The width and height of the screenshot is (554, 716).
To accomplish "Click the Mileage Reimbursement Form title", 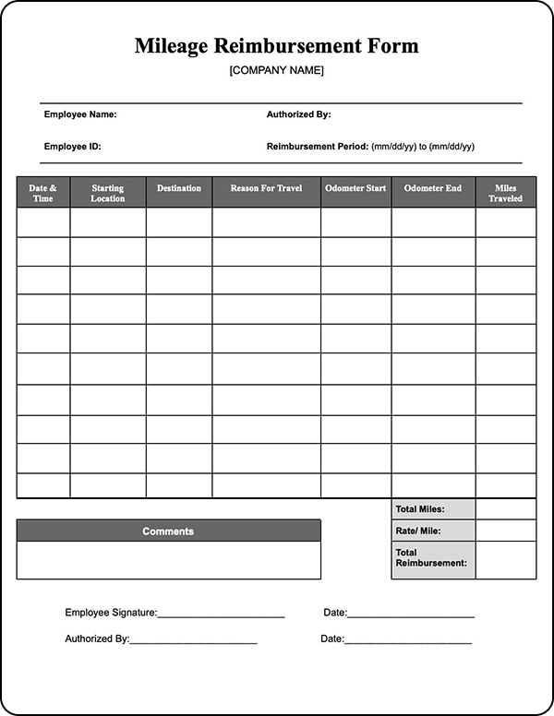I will [x=276, y=45].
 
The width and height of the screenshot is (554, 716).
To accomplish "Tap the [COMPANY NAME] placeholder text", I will [x=276, y=70].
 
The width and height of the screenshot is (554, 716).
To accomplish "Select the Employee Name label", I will [x=80, y=115].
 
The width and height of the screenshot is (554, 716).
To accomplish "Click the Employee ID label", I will [x=72, y=147].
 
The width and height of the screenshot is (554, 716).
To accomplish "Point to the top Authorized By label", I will [x=298, y=115].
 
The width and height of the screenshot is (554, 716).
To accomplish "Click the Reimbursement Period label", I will [x=317, y=147].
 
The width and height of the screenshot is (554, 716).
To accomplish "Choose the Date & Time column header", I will [x=43, y=193].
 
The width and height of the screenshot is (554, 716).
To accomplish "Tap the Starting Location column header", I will [x=108, y=193].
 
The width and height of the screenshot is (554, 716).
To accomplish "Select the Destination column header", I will [x=179, y=189].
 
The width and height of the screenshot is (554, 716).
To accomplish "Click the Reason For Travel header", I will [x=267, y=189].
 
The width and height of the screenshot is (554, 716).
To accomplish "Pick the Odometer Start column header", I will [x=355, y=189].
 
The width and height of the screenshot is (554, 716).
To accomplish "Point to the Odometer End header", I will [x=433, y=189].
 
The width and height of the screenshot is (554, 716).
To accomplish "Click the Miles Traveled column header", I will [x=505, y=193].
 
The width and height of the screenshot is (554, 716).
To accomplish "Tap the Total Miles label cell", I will [x=433, y=509].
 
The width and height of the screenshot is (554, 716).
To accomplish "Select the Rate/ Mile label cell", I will [x=433, y=531].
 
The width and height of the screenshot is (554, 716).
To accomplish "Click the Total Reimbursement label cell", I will [x=433, y=557].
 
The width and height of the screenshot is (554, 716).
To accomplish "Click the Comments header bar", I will [x=169, y=531].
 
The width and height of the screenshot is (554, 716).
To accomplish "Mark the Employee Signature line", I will [x=221, y=613].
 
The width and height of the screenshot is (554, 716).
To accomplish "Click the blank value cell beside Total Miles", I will [x=505, y=509].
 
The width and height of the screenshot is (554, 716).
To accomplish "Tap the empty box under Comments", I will [x=169, y=560].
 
